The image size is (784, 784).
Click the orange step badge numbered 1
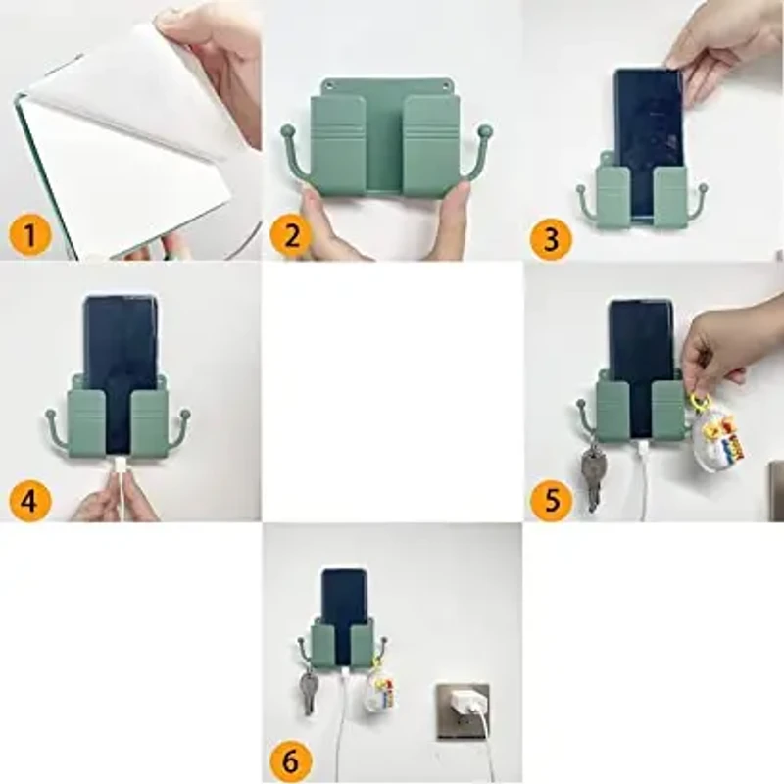tap(30, 235)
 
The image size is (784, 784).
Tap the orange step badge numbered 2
tap(291, 235)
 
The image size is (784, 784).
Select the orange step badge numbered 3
tap(551, 238)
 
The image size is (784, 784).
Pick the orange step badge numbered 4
tap(30, 500)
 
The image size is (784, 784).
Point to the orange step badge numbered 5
tap(551, 499)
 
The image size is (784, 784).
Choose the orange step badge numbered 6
tap(290, 761)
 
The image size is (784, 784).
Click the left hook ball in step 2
tap(286, 132)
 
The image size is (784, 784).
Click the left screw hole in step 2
tap(329, 86)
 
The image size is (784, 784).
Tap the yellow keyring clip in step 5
tap(699, 403)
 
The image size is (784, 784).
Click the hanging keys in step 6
tap(309, 693)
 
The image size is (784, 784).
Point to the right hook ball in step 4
tap(185, 414)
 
